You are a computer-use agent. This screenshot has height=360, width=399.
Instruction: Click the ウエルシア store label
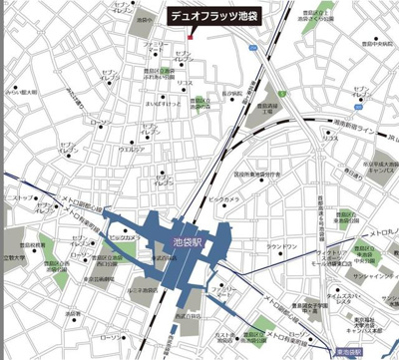click(132, 150)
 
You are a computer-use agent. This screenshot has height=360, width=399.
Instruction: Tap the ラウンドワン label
click(282, 245)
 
